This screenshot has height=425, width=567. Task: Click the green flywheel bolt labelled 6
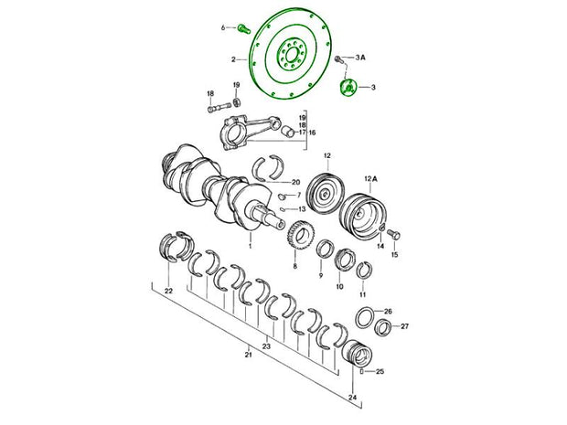[244, 28]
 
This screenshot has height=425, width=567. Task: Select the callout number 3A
[359, 57]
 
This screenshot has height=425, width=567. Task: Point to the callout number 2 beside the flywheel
[233, 59]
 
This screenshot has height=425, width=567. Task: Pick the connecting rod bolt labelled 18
[219, 107]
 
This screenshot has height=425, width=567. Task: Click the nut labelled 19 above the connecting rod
[237, 102]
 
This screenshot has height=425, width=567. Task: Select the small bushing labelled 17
[287, 131]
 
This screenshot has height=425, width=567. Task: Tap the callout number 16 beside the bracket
[312, 133]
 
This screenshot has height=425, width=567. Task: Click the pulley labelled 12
[326, 194]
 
